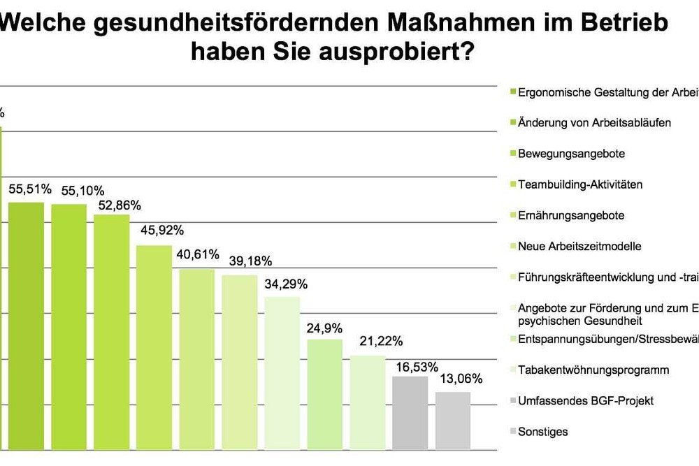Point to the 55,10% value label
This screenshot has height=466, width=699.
pos(82,191)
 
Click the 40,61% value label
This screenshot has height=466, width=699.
pos(198,254)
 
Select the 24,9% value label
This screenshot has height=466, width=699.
pos(324,326)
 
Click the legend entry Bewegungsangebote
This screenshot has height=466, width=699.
pos(571,154)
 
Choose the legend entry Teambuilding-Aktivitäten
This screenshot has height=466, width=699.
pos(579,184)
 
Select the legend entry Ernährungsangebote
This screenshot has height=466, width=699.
pos(570,215)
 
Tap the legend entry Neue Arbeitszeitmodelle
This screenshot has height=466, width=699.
pos(579,246)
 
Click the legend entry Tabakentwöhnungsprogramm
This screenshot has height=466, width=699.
pos(593,370)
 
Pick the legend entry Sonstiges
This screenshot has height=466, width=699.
pos(542,432)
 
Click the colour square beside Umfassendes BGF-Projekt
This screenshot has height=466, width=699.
pos(512,401)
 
